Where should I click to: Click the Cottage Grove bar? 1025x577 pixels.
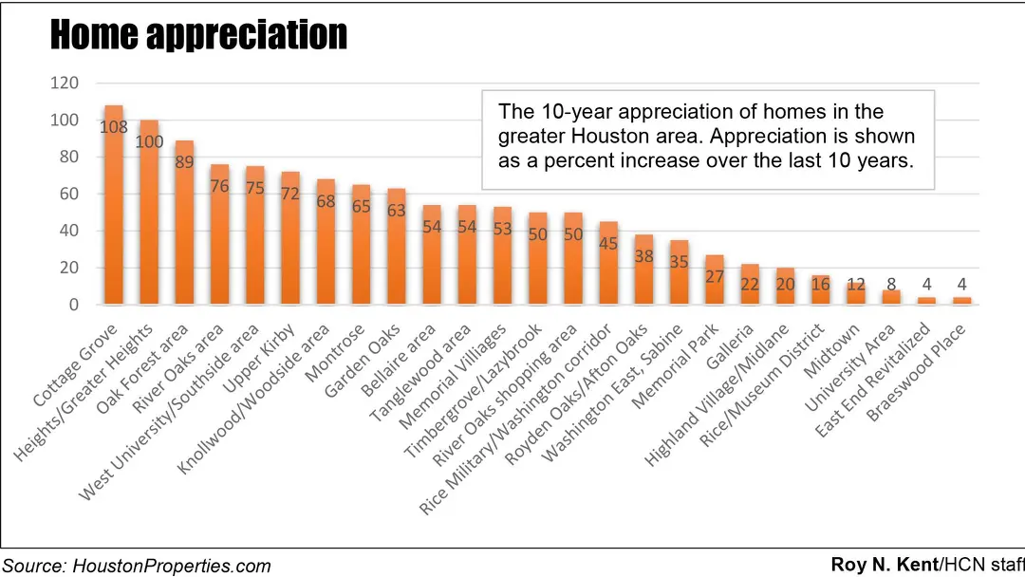[113, 204]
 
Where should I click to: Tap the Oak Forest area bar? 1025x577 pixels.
[185, 222]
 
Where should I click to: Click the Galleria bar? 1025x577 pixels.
[750, 284]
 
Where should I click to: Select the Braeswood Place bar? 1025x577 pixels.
[962, 301]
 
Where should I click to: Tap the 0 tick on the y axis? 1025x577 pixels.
[74, 305]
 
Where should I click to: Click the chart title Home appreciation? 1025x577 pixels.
[198, 35]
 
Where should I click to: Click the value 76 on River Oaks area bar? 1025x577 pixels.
[220, 186]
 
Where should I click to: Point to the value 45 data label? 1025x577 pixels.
[608, 243]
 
